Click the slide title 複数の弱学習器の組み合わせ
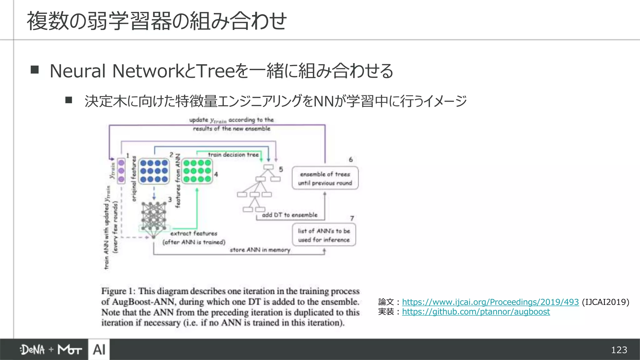pos(156,21)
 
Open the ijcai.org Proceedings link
pos(490,302)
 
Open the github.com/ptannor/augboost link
pos(476,312)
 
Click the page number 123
pos(619,350)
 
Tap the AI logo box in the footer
pos(99,349)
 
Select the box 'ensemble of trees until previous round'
pos(325,178)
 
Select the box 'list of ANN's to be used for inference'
pos(324,235)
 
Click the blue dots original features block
pos(154,171)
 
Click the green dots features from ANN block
pos(197,171)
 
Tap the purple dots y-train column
pos(121,171)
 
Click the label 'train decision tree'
pos(233,155)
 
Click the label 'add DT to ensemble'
pos(289,215)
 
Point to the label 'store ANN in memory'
pos(260,250)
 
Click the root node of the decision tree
pos(268,167)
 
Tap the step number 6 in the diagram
pos(351,160)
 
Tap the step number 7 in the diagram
pos(352,218)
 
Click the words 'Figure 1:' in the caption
pos(118,291)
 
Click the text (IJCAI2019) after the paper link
pos(605,302)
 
